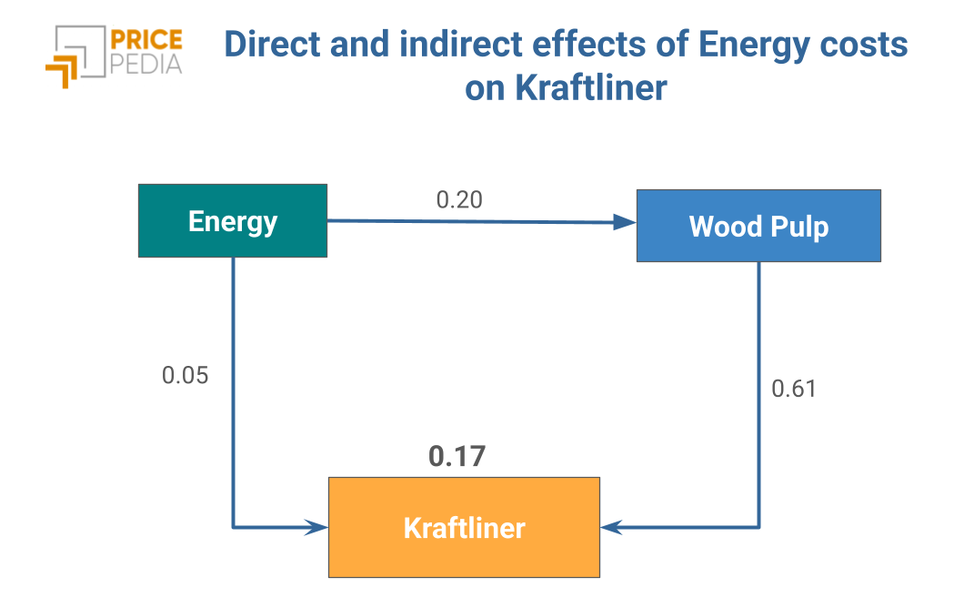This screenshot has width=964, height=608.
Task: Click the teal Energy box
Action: (x=233, y=220)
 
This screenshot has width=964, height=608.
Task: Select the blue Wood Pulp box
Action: (x=758, y=226)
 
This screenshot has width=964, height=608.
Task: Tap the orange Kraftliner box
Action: (x=464, y=527)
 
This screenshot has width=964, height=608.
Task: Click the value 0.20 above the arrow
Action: (x=459, y=199)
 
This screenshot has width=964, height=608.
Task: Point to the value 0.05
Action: (x=185, y=375)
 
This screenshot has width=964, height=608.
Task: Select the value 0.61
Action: (x=794, y=389)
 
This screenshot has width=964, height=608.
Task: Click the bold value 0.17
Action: (x=457, y=456)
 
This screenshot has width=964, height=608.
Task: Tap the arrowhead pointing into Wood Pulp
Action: (x=625, y=222)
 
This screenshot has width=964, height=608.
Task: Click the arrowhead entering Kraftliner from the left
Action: (x=317, y=527)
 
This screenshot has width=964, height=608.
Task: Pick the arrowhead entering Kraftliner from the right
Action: (x=612, y=527)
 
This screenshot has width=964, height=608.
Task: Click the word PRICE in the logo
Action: (x=146, y=39)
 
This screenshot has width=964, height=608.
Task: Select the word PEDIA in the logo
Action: (x=146, y=64)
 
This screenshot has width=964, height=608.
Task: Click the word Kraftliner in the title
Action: (x=591, y=87)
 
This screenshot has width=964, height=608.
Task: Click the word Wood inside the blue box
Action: (x=726, y=226)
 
